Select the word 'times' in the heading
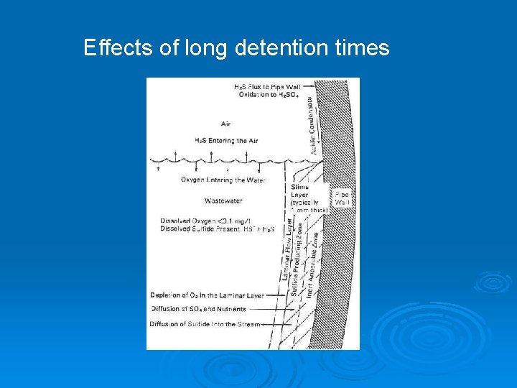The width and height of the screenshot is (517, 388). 362,48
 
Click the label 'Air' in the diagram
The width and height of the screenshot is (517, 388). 226,124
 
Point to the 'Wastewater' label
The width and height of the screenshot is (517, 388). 223,200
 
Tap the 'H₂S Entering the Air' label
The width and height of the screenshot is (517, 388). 226,141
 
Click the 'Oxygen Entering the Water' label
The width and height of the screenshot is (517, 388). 223,180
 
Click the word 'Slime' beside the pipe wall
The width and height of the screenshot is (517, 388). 299,187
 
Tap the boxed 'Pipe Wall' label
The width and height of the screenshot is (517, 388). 342,199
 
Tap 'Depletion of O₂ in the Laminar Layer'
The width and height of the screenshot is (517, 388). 207,295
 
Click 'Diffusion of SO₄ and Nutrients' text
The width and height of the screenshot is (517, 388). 198,309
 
